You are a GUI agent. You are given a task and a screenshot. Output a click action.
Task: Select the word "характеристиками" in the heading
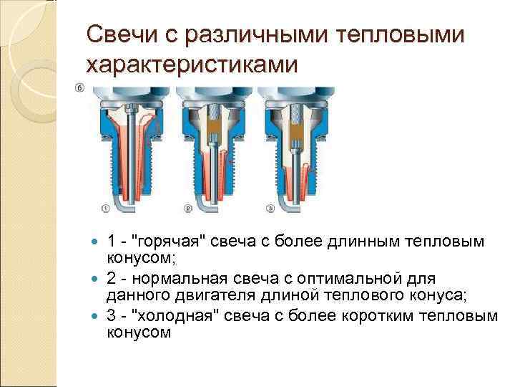190,65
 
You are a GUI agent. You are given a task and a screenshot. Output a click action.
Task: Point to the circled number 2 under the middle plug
188,209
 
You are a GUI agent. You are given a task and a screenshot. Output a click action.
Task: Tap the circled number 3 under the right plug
270,209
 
